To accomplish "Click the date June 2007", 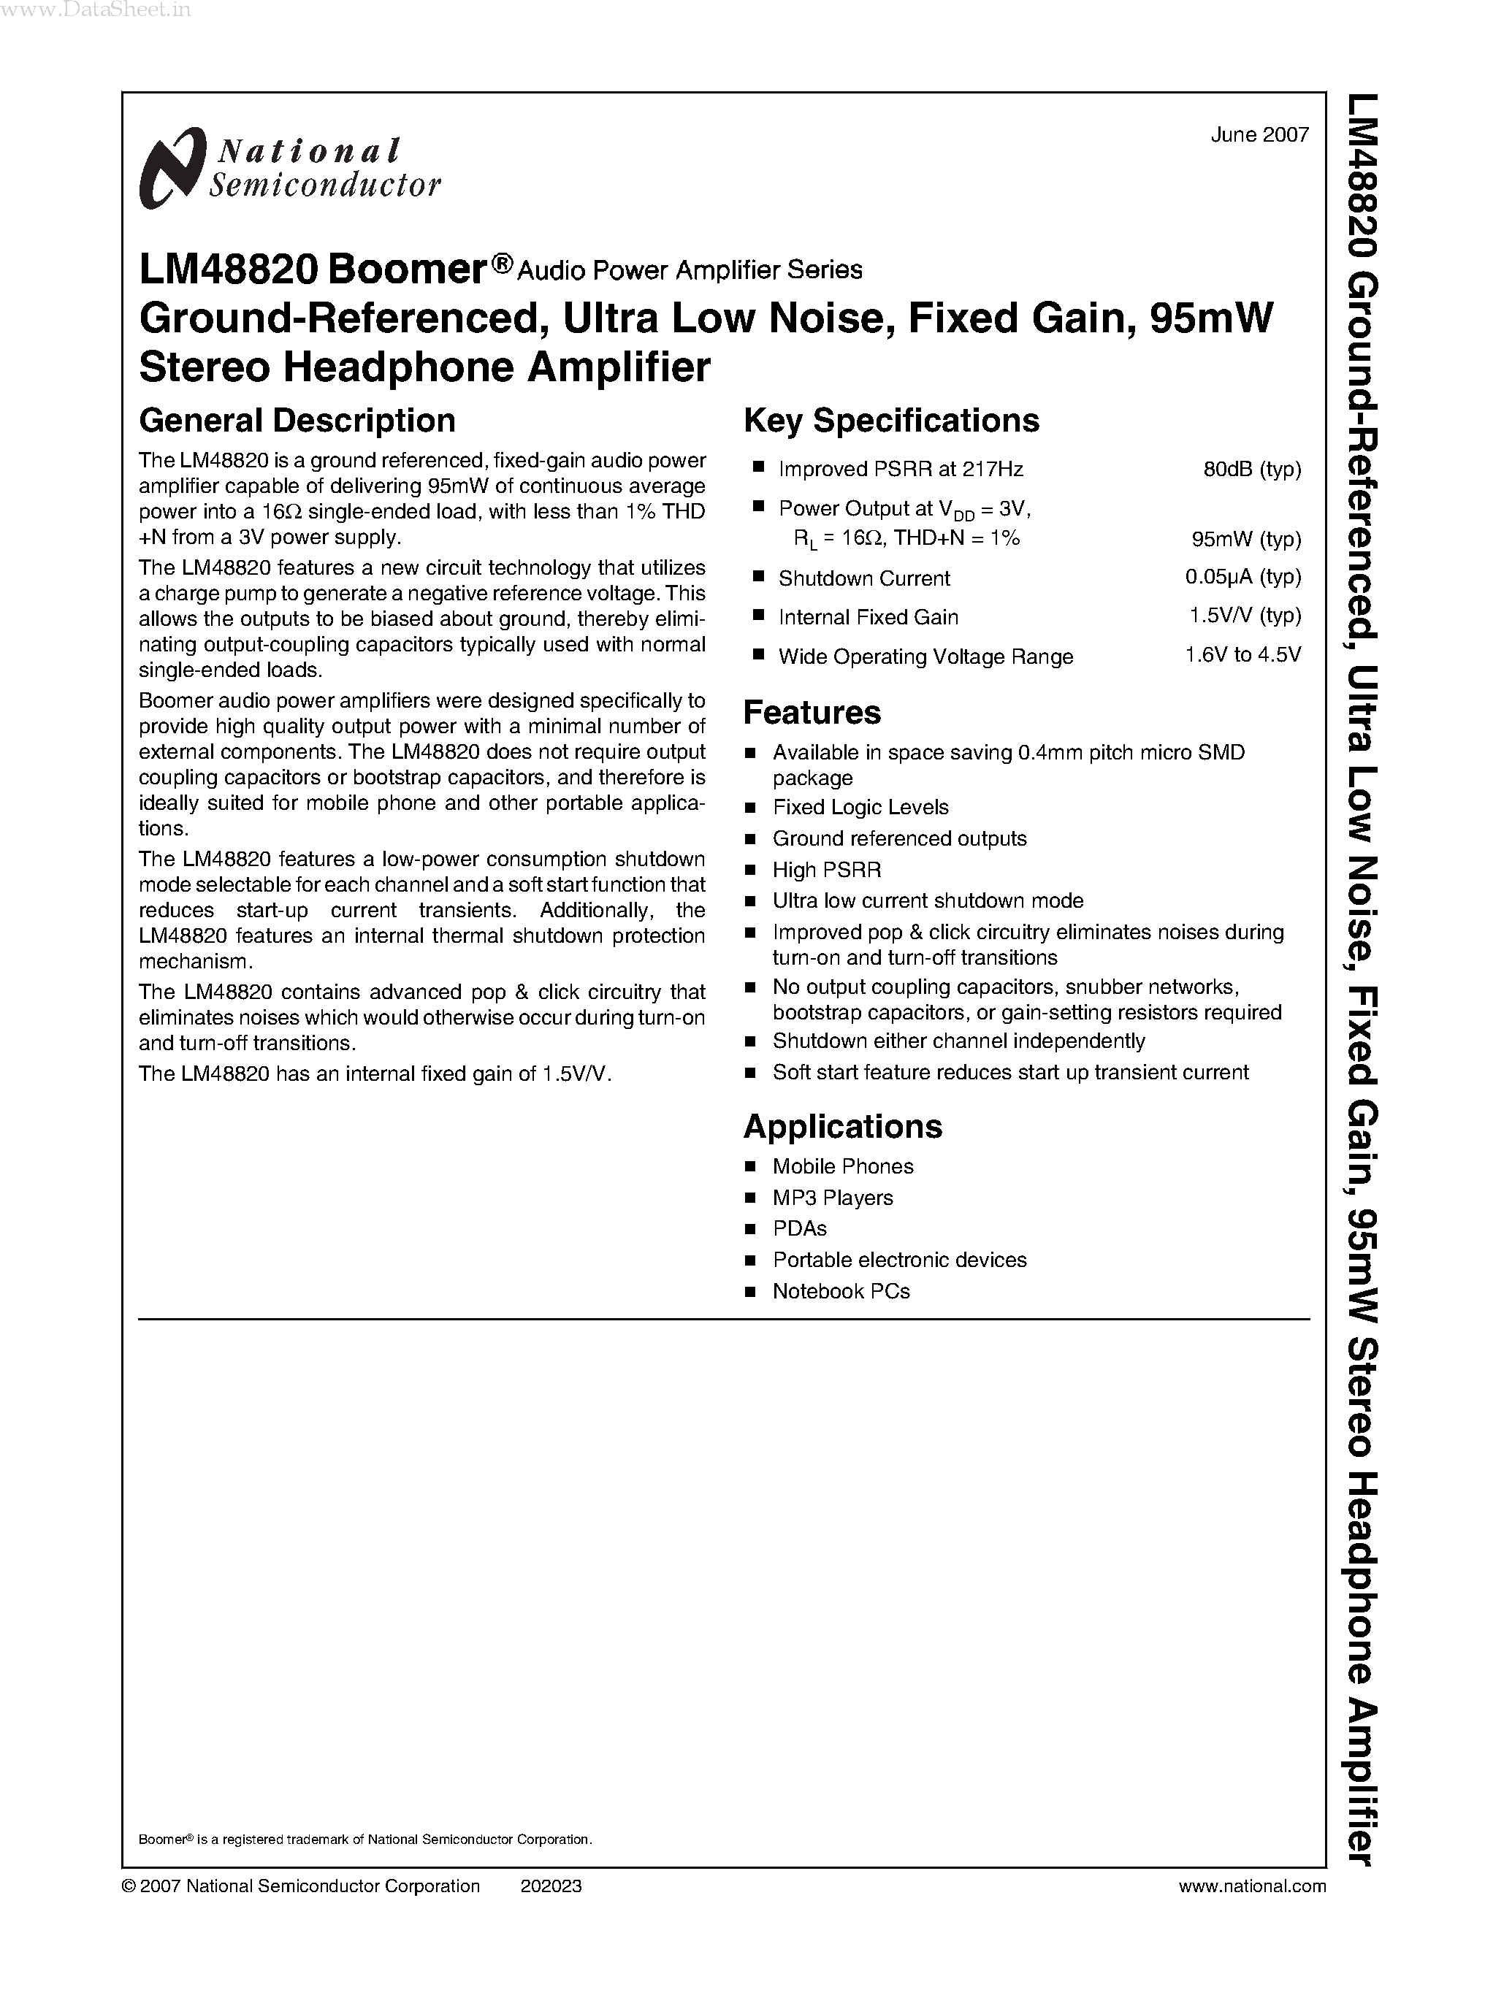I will [1259, 135].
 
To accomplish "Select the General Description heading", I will [297, 421].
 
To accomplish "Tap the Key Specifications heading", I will [891, 421].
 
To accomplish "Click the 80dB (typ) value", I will [1251, 469].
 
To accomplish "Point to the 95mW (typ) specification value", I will [1246, 539].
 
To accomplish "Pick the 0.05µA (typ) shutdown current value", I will [1242, 577].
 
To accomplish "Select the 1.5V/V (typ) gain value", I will [1244, 616].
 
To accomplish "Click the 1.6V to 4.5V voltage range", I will [1242, 655].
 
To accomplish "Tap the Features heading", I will [812, 713].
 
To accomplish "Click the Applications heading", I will [842, 1126].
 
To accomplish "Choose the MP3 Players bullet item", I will [833, 1198].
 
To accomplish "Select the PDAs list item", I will [799, 1229].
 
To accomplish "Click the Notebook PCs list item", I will [841, 1292].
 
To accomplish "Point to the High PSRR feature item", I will [826, 870].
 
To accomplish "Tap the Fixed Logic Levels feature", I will [860, 807].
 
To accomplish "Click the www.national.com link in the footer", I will [1251, 1886].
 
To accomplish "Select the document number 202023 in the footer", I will [551, 1886].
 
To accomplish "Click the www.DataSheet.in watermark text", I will [96, 11].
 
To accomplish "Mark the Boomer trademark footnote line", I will [365, 1840].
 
